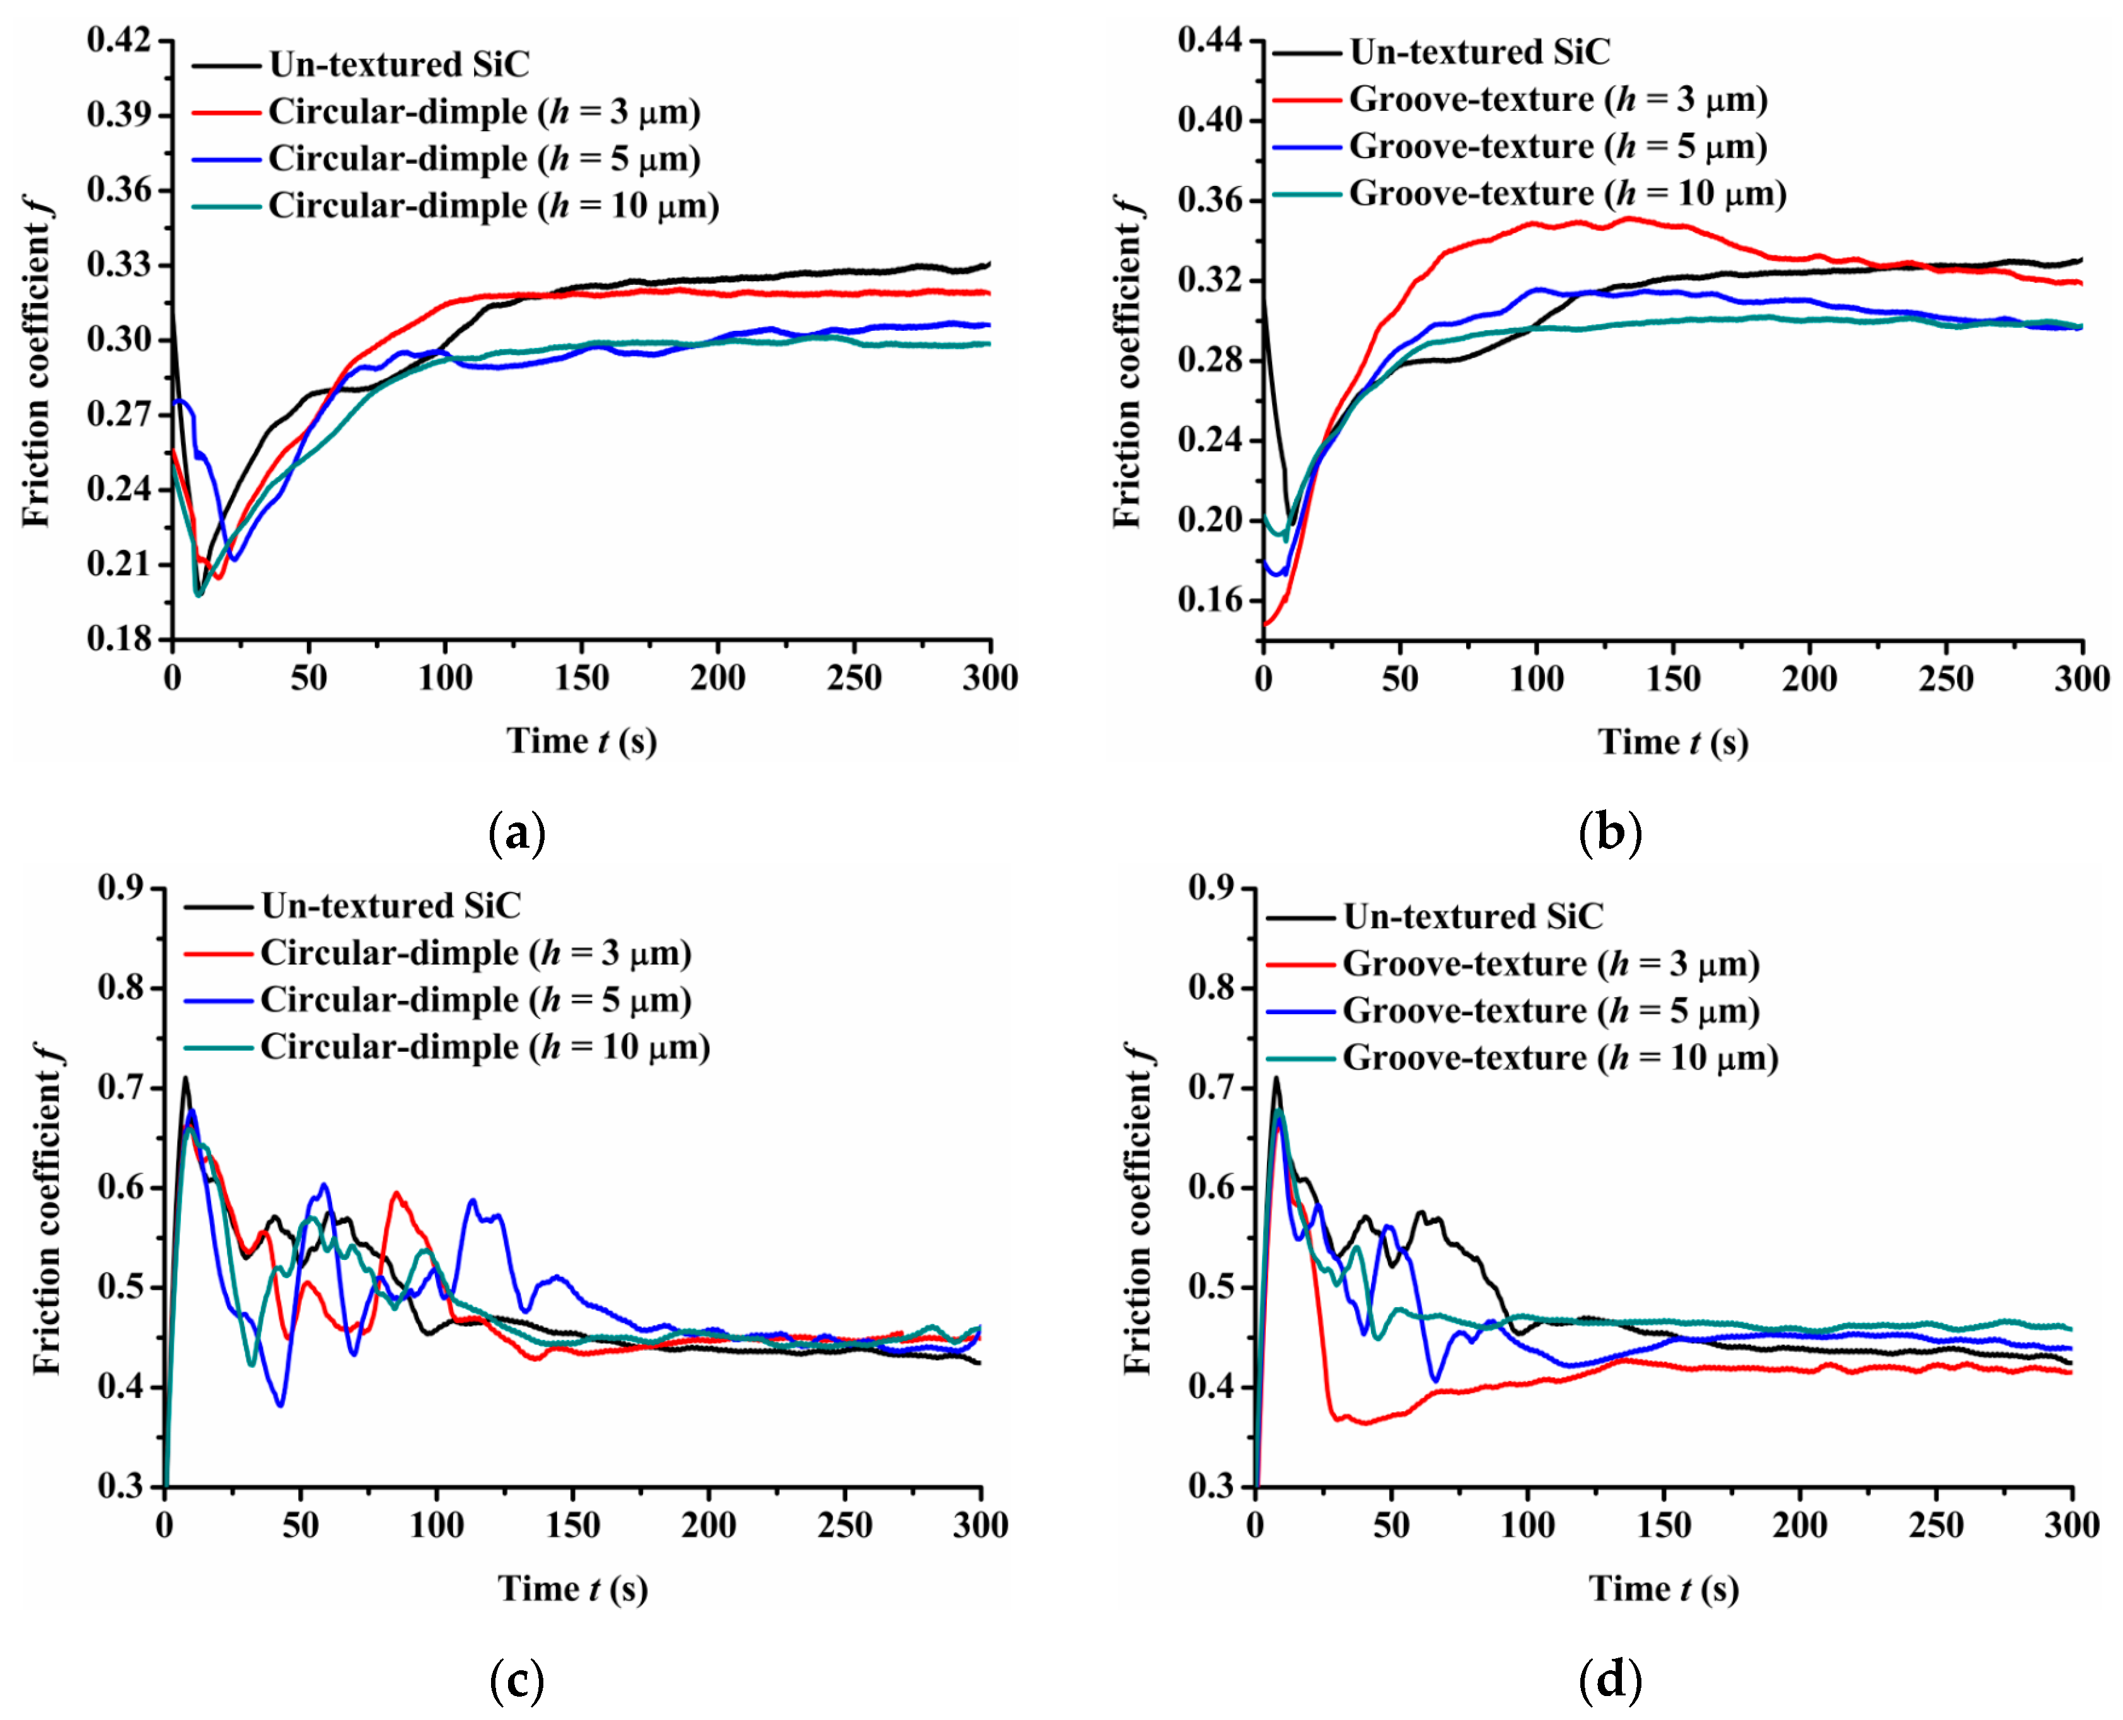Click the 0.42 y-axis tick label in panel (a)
[x=119, y=40]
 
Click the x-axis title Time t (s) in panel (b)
[x=1672, y=742]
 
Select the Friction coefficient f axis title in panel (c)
[x=47, y=1209]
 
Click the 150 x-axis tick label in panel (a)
[x=582, y=679]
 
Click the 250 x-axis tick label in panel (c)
[x=844, y=1525]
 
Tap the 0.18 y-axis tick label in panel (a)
[x=119, y=639]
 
